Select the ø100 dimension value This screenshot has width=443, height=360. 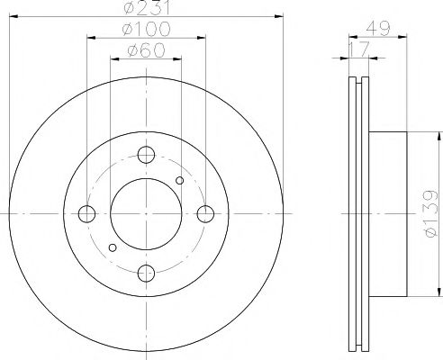(148, 31)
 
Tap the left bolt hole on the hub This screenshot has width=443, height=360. (86, 213)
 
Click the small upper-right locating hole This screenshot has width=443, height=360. (180, 181)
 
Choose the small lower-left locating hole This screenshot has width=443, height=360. (112, 246)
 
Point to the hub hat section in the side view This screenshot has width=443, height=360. (392, 215)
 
